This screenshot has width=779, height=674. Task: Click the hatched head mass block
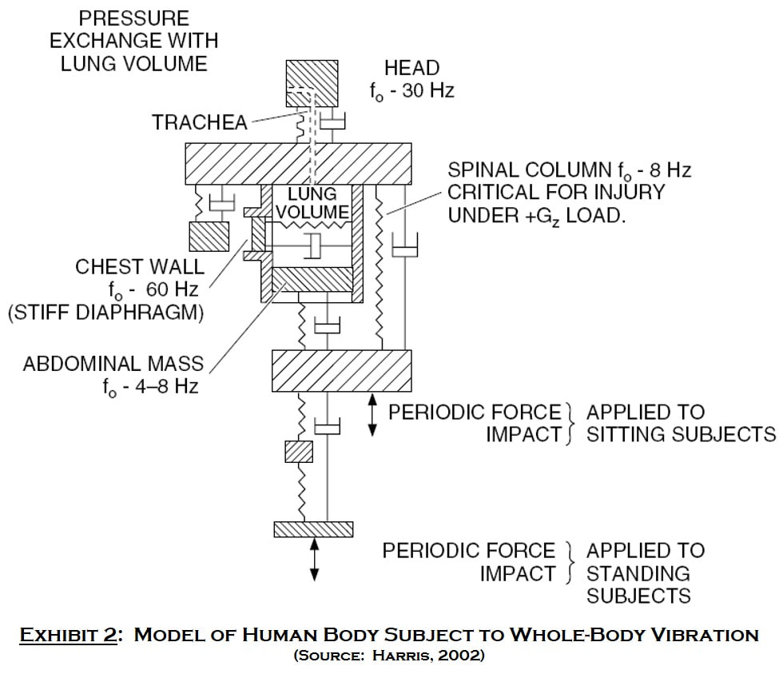tap(312, 83)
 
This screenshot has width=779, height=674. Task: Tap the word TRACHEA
tap(200, 123)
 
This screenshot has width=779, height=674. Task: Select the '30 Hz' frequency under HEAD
tap(428, 91)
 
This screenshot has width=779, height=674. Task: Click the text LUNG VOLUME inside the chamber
tap(312, 203)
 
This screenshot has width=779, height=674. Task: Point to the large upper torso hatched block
tap(298, 164)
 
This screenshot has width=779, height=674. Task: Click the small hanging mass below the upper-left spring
tap(209, 237)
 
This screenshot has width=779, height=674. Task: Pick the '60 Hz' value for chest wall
tap(173, 289)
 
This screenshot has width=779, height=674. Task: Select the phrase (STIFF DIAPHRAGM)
tap(106, 313)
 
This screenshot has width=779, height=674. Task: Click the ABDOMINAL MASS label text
tap(113, 364)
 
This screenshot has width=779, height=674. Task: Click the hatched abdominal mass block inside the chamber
tap(312, 279)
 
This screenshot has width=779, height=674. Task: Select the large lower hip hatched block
tap(341, 371)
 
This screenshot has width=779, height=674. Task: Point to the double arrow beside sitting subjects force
tap(372, 414)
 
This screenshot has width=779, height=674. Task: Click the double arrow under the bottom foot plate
tap(314, 559)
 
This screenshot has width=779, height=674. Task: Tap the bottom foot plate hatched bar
tap(313, 529)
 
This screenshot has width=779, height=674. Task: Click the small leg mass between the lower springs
tap(299, 451)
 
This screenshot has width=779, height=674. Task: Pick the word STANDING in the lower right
tap(638, 573)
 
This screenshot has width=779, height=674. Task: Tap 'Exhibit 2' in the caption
tap(68, 635)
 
